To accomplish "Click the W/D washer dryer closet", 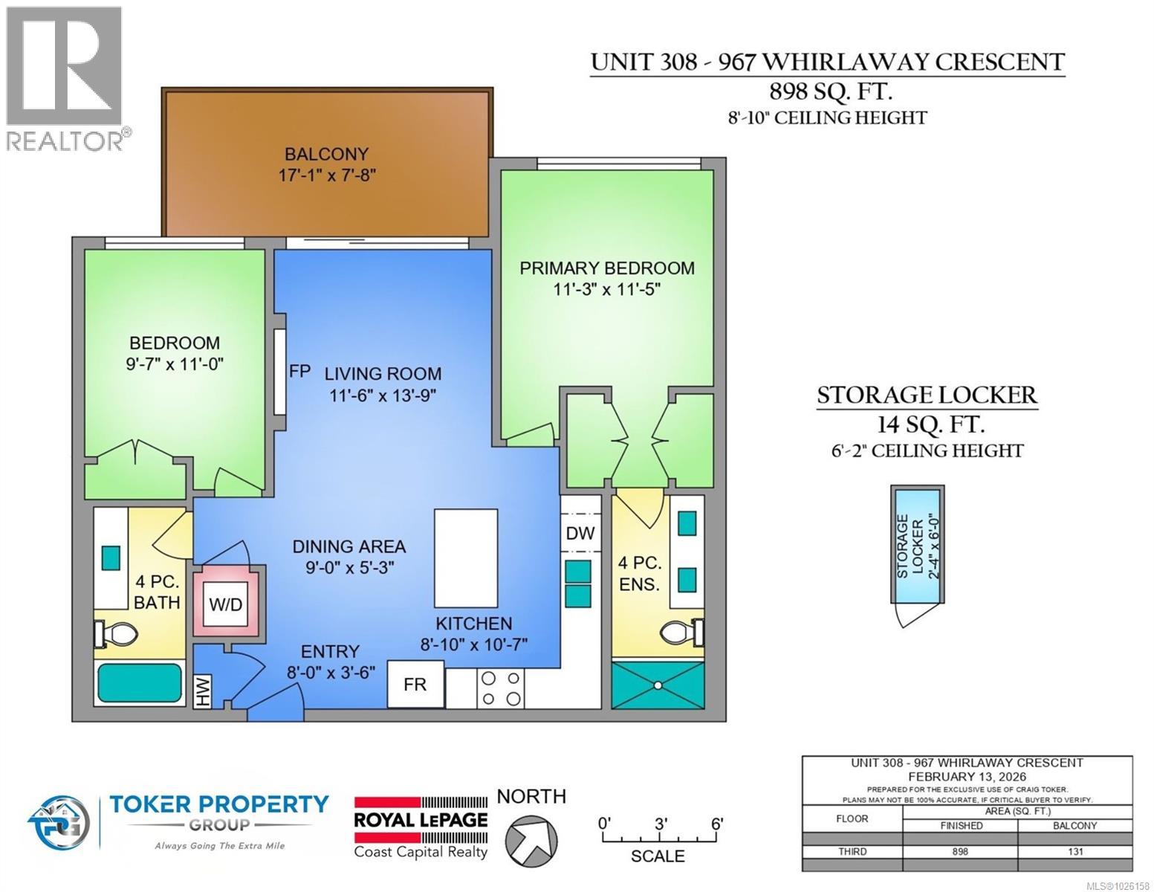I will [226, 604].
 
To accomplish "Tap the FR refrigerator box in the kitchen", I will [415, 684].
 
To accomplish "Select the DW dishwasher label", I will [580, 533].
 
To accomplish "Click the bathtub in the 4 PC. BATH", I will [140, 683].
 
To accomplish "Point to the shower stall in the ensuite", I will [657, 684].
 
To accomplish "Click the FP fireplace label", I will [299, 372].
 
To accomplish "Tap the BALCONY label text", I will [326, 155].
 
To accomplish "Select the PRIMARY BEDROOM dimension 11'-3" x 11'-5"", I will [607, 289].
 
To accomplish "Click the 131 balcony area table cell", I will [1074, 852].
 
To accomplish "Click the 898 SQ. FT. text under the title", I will [828, 92].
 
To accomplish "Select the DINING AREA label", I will [349, 547].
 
